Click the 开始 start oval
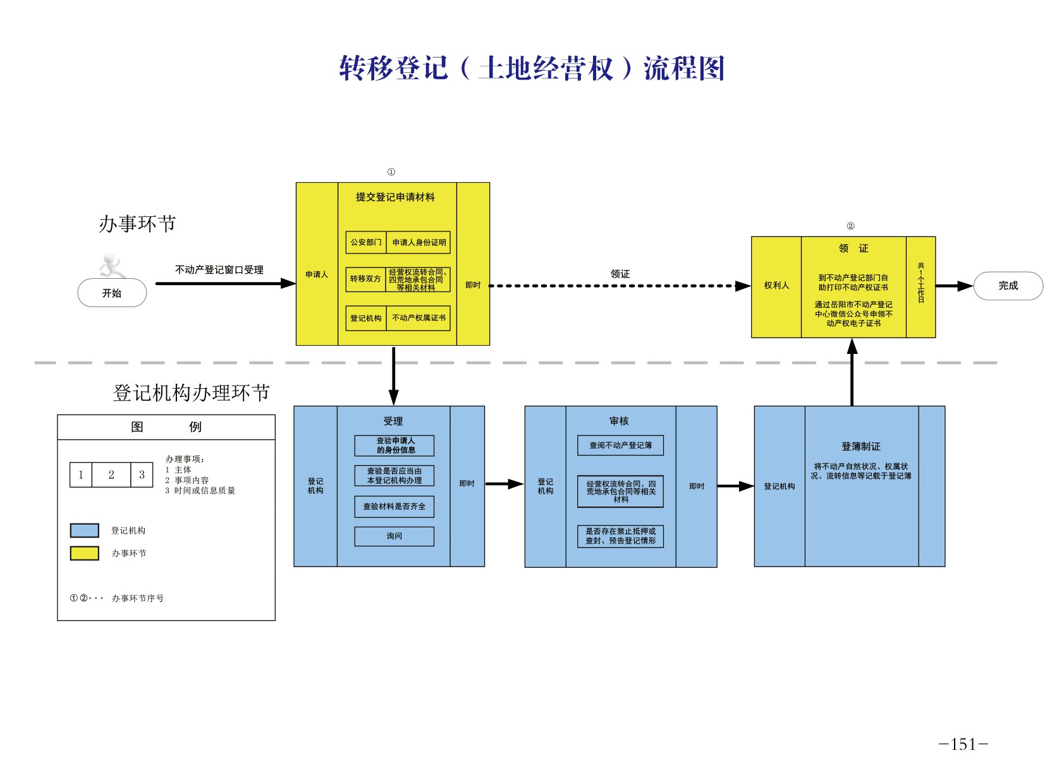click(112, 293)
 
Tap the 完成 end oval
click(1008, 286)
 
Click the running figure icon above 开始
click(113, 266)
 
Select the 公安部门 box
click(365, 242)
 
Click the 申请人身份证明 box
click(419, 242)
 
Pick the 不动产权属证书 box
click(419, 318)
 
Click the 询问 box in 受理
click(394, 536)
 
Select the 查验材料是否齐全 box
click(394, 506)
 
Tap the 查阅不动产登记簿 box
click(620, 445)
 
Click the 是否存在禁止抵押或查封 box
click(620, 536)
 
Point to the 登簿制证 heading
click(860, 446)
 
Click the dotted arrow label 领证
click(620, 274)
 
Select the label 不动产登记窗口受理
click(219, 270)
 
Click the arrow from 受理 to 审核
click(504, 484)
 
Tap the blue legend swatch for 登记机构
click(84, 530)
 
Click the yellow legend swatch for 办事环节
click(84, 553)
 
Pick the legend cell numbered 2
click(111, 475)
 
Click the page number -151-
click(963, 744)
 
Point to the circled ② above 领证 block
click(850, 226)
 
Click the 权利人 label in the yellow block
click(776, 286)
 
